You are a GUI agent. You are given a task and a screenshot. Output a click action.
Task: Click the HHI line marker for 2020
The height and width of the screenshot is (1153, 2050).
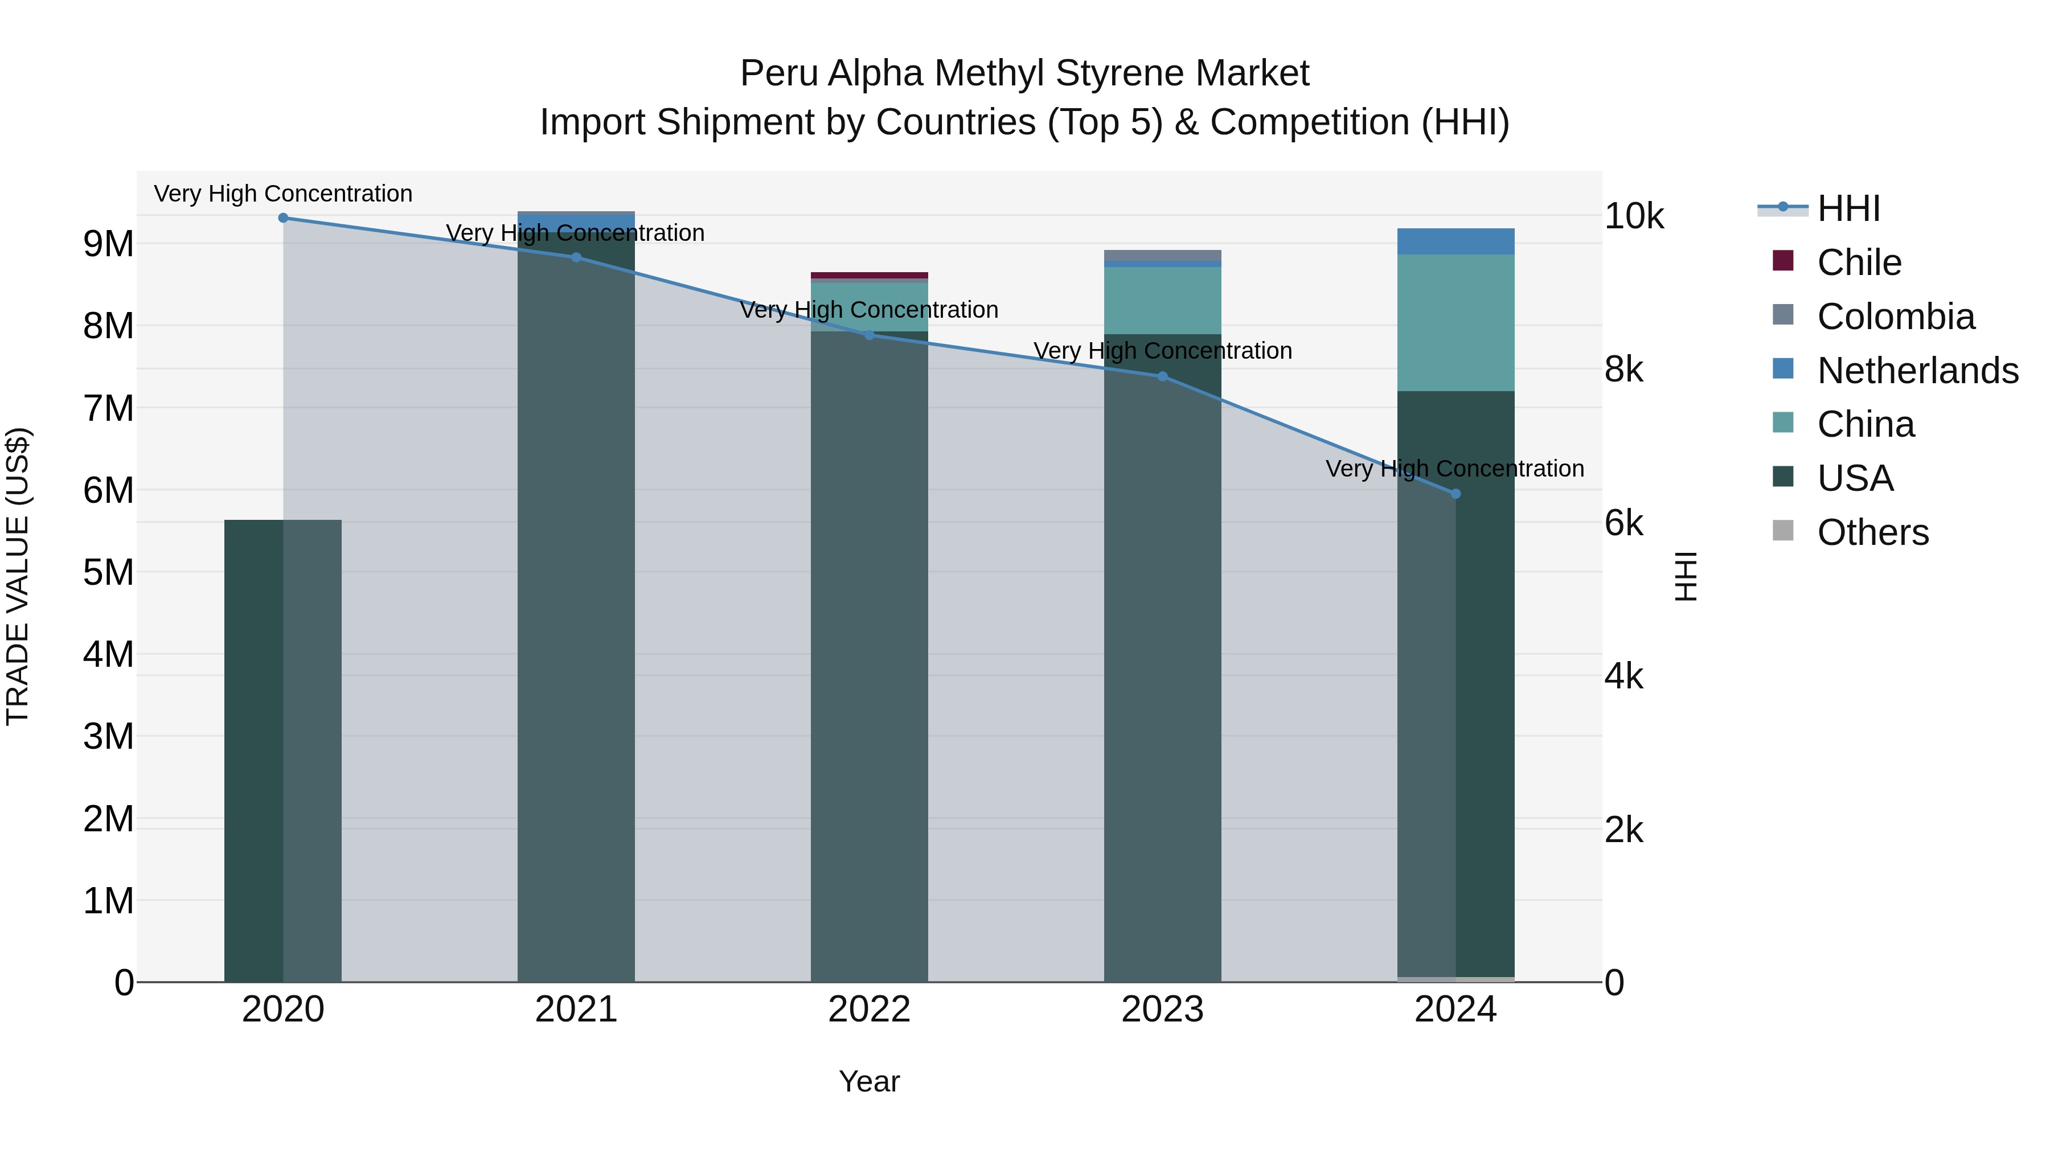(x=284, y=218)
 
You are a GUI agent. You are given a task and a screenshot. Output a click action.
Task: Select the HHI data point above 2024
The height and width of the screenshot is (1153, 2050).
(x=1455, y=493)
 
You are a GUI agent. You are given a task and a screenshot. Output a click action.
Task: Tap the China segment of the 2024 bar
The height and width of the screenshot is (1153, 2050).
(x=1455, y=322)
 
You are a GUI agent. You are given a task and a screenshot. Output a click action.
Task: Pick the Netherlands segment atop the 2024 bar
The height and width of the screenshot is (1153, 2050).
(x=1455, y=241)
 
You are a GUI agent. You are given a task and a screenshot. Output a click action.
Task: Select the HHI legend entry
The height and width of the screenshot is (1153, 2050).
(x=1848, y=208)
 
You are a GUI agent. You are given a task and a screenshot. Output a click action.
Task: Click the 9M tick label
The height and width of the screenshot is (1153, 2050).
(x=109, y=244)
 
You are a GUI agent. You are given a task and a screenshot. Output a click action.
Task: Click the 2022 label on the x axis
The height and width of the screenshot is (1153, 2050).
(x=869, y=1010)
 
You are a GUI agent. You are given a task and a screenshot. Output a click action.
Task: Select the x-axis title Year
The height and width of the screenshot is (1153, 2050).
(x=869, y=1081)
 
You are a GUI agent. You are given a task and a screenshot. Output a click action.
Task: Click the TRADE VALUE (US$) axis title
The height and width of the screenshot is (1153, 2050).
(x=18, y=576)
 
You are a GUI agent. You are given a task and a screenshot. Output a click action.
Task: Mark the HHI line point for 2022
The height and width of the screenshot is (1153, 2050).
(x=869, y=335)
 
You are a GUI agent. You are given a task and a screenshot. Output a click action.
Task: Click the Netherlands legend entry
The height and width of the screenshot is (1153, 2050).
(x=1917, y=371)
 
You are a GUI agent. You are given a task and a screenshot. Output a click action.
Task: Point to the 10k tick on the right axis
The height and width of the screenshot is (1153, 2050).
(x=1633, y=216)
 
